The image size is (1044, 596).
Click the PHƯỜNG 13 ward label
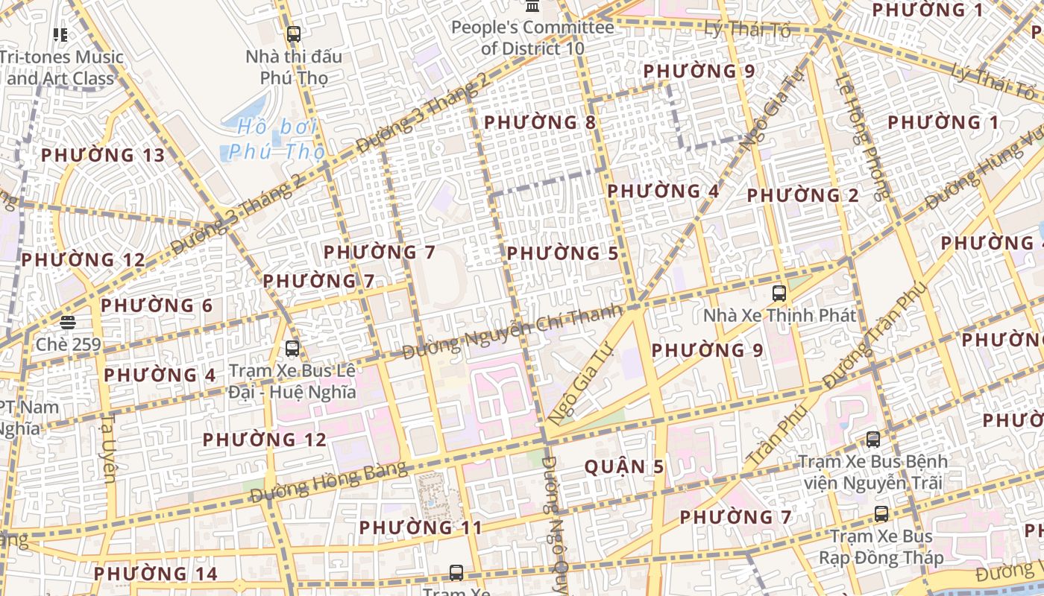(102, 156)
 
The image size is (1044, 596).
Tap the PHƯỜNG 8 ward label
(540, 122)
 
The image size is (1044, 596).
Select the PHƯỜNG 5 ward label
(562, 254)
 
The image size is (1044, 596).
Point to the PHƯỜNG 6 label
(157, 306)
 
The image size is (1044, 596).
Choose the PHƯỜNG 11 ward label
(421, 528)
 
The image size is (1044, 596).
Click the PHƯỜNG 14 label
(155, 574)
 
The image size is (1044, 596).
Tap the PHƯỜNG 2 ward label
(802, 196)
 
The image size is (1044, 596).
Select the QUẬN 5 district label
(623, 467)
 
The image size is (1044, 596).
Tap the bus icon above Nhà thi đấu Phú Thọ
(294, 34)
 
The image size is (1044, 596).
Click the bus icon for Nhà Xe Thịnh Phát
(779, 293)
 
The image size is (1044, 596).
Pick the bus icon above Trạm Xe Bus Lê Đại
(292, 348)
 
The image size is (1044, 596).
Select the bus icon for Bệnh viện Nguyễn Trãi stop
(873, 440)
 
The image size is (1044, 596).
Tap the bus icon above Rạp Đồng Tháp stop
(881, 514)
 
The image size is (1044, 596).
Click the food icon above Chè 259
(68, 323)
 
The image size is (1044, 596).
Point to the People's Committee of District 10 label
(532, 38)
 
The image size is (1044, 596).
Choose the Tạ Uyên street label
(108, 448)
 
